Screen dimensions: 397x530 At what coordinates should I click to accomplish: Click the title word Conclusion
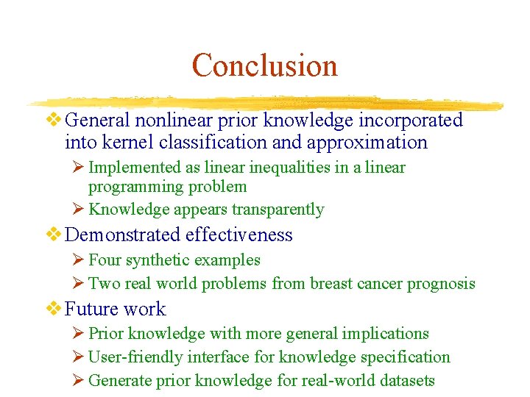pos(264,65)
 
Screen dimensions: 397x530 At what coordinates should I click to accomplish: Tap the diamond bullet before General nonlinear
pos(55,120)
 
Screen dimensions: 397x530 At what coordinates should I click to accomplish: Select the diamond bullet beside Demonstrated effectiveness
pos(55,235)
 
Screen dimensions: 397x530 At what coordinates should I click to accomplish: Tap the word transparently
pos(278,210)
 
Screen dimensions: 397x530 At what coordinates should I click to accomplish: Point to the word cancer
pos(379,284)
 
